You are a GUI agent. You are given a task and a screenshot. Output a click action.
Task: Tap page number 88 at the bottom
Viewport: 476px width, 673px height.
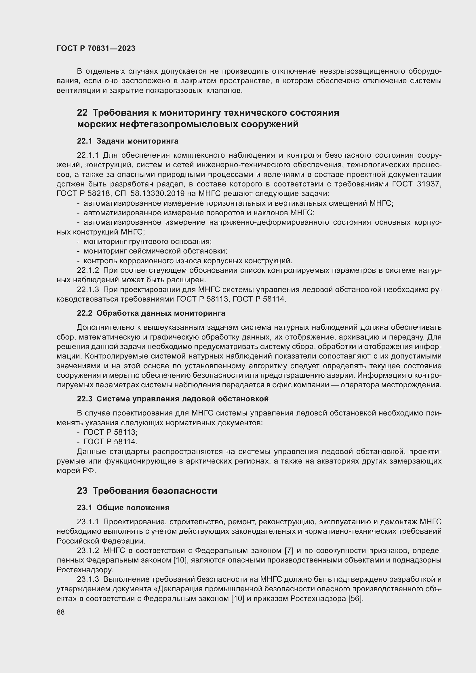point(61,612)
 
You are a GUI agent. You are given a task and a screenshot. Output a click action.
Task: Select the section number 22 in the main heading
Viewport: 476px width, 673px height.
point(82,113)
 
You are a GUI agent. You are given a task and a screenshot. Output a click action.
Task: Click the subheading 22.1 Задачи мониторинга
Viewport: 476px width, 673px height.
point(127,141)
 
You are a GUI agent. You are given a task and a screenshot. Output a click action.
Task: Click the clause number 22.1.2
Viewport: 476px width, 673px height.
point(88,270)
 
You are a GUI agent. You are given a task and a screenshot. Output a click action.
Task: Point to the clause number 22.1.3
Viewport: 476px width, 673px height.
point(88,290)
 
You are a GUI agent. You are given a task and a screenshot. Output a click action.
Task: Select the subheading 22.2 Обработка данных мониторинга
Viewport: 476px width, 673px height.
point(151,313)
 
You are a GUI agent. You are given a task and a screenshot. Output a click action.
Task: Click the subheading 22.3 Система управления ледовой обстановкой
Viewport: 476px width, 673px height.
point(173,399)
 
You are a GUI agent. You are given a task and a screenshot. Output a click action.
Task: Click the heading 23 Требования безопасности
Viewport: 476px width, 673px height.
point(147,491)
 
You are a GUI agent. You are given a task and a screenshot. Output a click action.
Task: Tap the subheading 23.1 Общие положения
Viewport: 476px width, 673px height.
point(123,507)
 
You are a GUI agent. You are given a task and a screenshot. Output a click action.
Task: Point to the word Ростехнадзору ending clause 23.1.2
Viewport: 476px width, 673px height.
point(84,570)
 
